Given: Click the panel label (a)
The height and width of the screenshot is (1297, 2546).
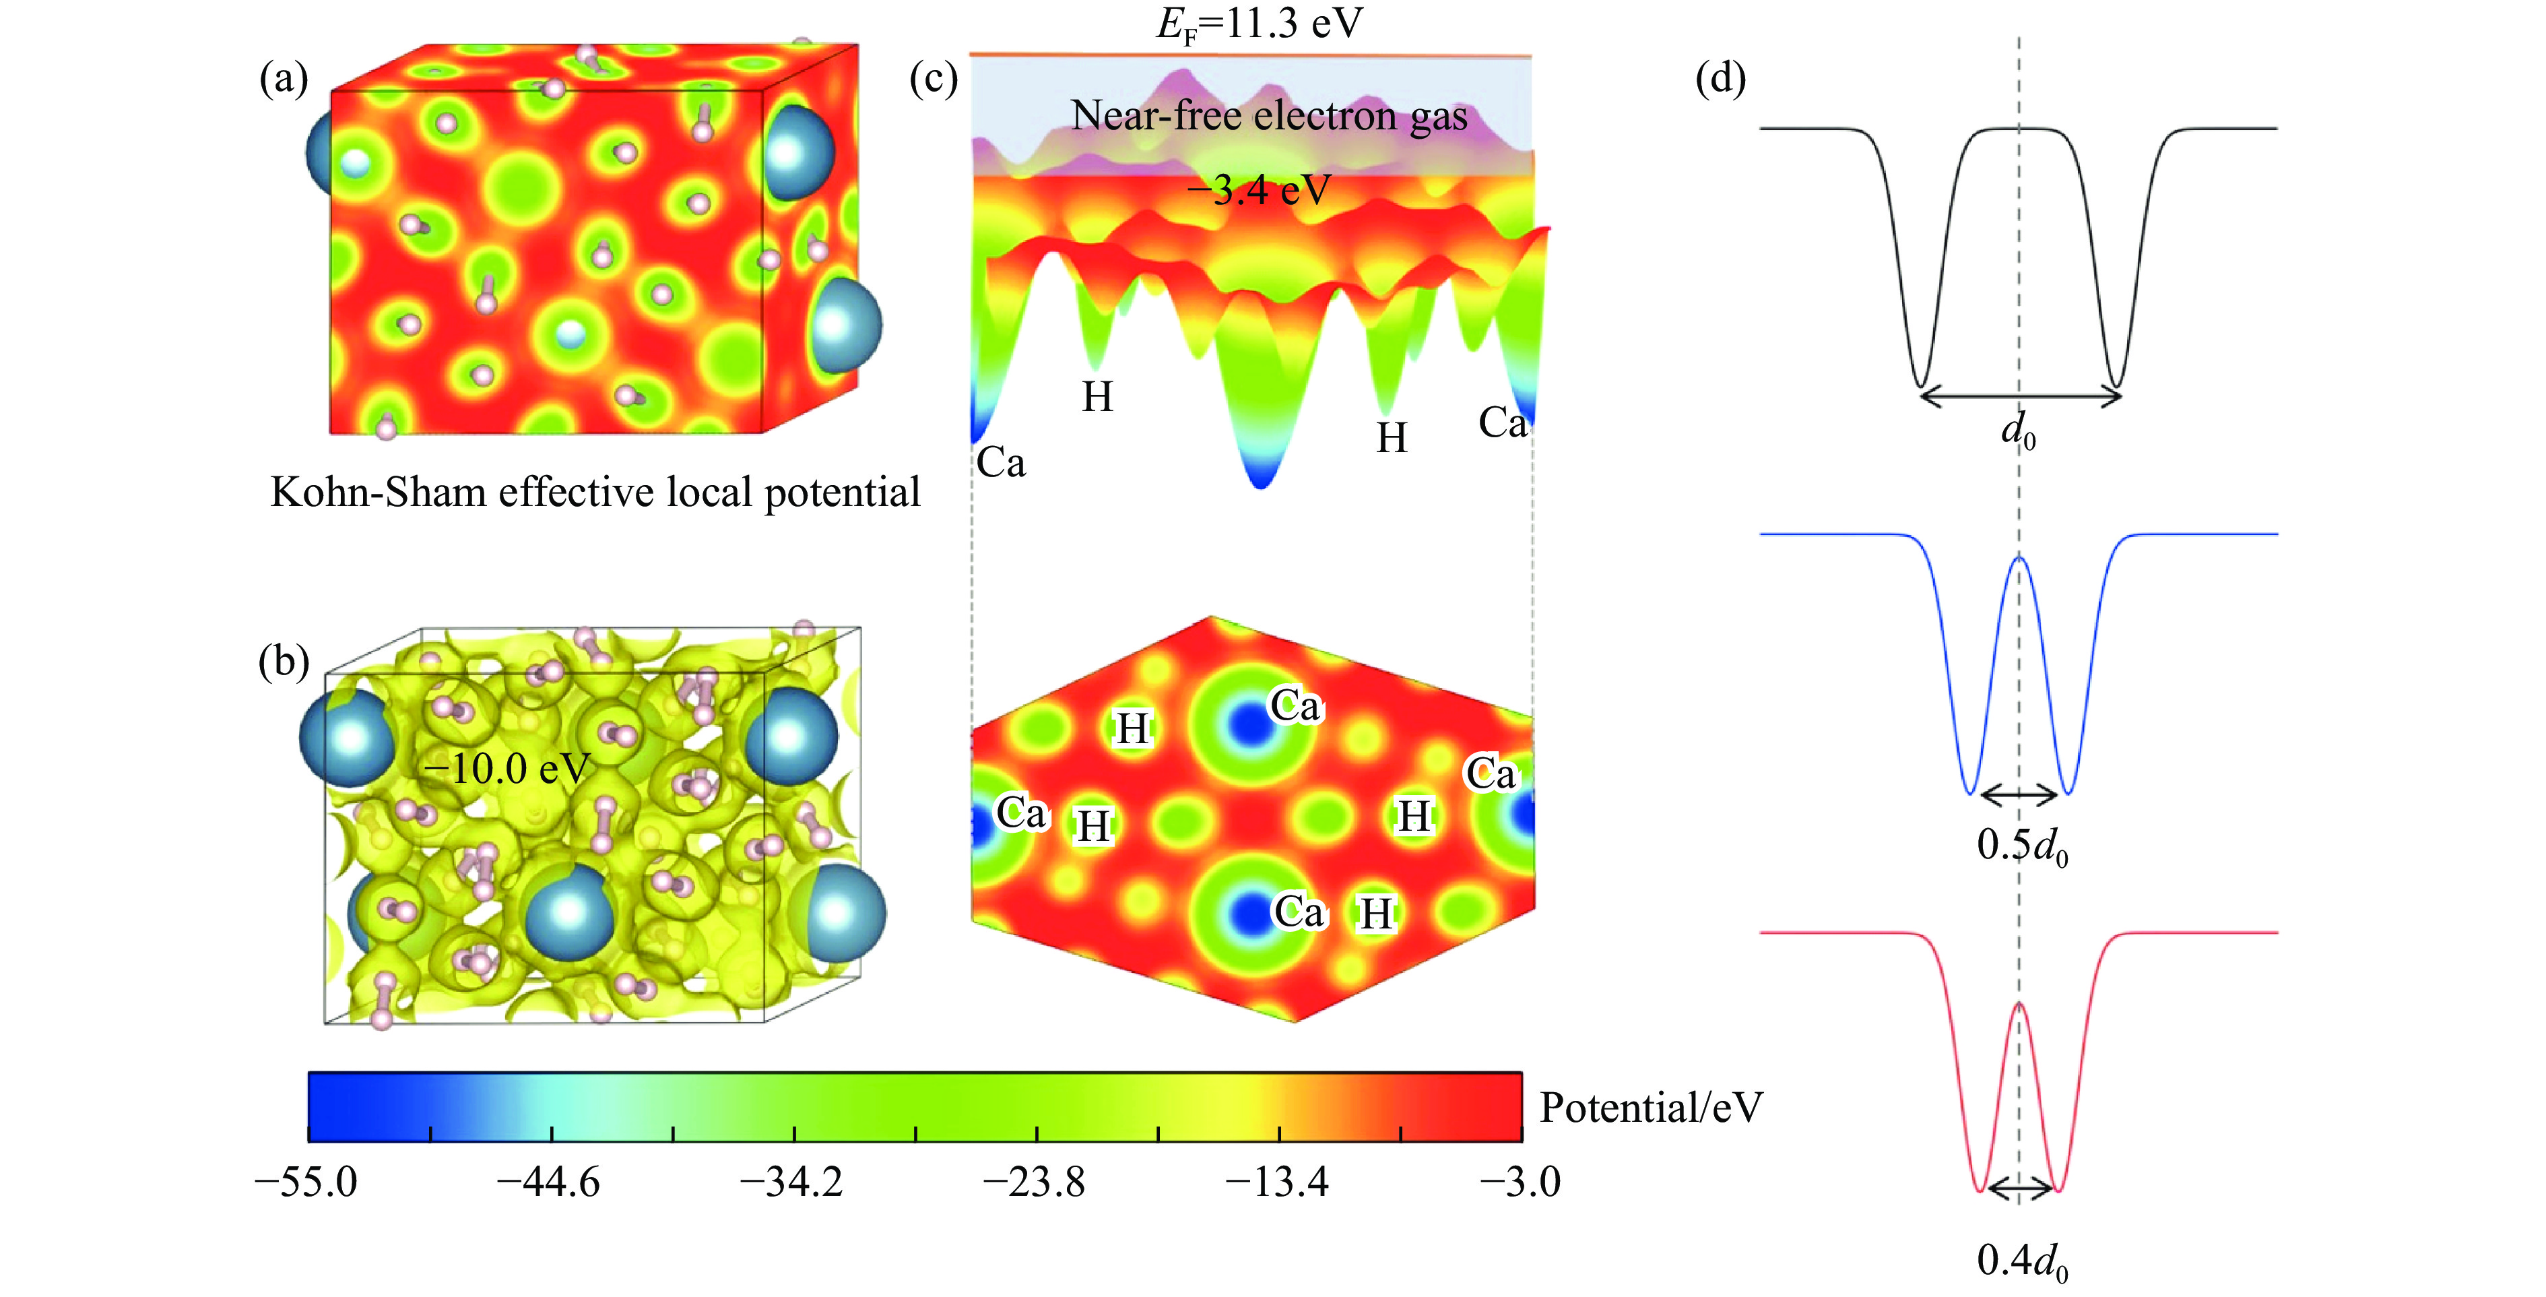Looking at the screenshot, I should click(x=284, y=78).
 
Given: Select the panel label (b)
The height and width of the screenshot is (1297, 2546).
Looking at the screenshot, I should click(x=284, y=662).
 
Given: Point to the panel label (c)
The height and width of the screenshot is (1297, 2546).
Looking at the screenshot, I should click(x=933, y=78).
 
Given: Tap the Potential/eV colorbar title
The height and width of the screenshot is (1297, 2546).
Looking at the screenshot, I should click(x=1651, y=1108).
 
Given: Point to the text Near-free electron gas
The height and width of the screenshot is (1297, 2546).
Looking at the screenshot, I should click(x=1269, y=116).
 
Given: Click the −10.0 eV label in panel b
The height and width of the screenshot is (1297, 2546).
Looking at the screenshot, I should click(x=506, y=768).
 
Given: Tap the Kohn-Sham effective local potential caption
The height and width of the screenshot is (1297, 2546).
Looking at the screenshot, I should click(x=595, y=493).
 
